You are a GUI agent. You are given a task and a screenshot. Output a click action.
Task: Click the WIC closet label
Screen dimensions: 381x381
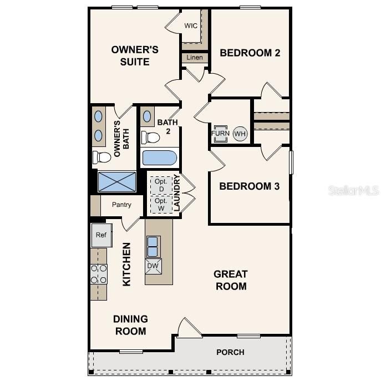point(191,26)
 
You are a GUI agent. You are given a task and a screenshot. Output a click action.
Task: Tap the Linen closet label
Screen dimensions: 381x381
point(194,58)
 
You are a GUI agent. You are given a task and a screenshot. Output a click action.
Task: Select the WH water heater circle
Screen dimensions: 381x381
point(240,134)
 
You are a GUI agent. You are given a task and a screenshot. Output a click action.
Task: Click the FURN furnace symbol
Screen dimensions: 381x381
point(220,134)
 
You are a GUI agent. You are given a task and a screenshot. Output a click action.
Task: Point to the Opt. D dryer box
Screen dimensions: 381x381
point(161,185)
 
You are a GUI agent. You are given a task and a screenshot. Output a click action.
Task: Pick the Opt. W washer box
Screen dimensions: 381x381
point(161,205)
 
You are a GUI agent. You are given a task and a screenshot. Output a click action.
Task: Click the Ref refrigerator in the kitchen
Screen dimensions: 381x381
point(101,235)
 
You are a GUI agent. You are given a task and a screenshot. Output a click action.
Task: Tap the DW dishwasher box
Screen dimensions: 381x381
point(153,266)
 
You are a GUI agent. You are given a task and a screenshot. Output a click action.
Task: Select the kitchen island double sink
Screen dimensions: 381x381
point(153,246)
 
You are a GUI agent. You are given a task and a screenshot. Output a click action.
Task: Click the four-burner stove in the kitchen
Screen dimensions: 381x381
point(99,273)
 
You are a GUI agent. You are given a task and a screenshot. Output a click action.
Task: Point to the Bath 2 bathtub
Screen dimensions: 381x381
point(159,158)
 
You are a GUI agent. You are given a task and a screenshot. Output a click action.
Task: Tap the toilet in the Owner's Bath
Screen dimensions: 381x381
point(102,158)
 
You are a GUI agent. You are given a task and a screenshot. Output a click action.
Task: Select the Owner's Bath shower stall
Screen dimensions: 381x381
point(117,181)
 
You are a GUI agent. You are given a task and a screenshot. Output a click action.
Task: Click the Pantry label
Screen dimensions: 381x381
point(121,205)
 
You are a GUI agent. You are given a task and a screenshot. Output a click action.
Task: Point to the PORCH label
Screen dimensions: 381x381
point(230,352)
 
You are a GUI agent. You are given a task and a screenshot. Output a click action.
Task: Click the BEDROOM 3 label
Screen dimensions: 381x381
point(249,186)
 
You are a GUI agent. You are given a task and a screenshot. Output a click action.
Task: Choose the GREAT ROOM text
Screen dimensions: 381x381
point(230,280)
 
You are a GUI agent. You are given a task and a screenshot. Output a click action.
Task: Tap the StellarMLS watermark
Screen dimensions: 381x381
point(353,190)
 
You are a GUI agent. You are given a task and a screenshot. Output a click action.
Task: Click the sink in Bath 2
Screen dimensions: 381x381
point(148,117)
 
